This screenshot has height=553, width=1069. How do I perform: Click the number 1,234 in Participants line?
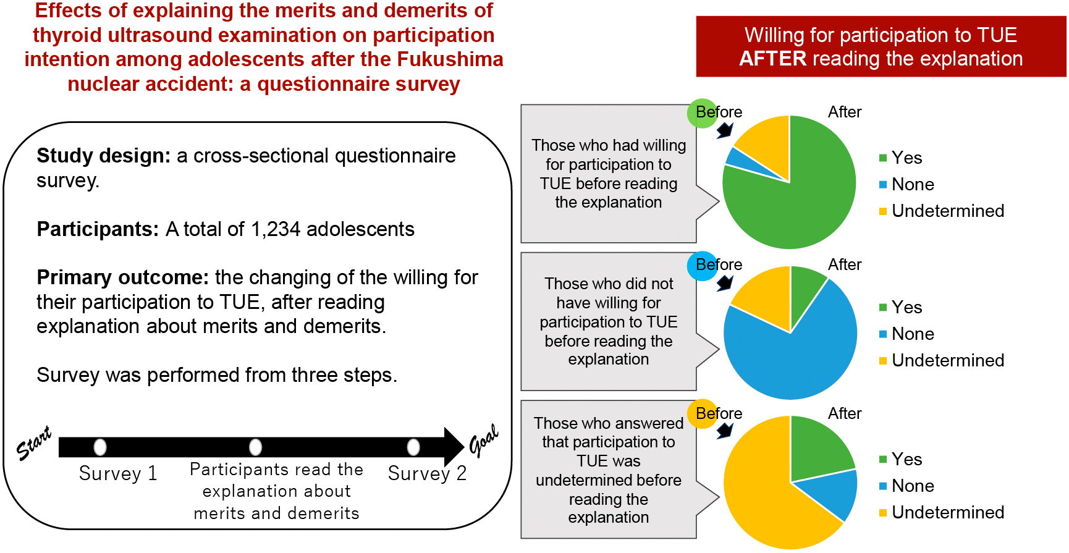(x=276, y=229)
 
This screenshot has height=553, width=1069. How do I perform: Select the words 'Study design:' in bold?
(x=103, y=156)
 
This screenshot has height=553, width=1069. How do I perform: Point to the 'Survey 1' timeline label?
(x=118, y=473)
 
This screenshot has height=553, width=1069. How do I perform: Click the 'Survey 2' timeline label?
(x=427, y=473)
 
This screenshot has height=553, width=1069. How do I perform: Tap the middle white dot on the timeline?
(x=255, y=447)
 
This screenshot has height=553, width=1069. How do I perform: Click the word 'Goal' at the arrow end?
(x=484, y=440)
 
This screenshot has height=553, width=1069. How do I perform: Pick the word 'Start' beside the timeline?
(x=34, y=443)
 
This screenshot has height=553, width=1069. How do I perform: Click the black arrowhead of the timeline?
(x=454, y=447)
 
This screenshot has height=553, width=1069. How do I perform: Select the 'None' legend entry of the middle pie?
(x=906, y=334)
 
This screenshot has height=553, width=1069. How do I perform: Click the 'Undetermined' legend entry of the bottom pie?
(x=942, y=512)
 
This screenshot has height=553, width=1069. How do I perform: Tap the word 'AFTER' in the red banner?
(x=772, y=59)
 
